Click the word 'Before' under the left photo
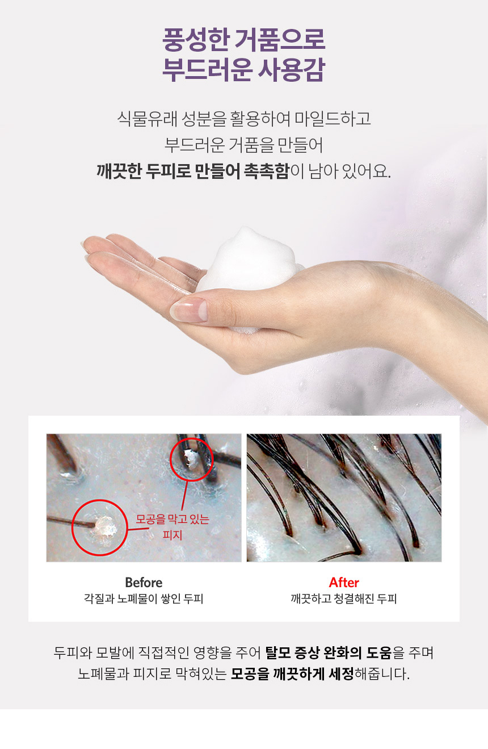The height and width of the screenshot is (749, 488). pyautogui.click(x=144, y=583)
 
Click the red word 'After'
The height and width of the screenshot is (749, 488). pyautogui.click(x=344, y=583)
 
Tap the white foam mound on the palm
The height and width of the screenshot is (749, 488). pyautogui.click(x=249, y=261)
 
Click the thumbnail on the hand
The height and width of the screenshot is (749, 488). pyautogui.click(x=190, y=310)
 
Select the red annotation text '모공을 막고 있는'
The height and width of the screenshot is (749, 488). pyautogui.click(x=173, y=519)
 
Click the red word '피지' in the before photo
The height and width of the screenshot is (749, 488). pyautogui.click(x=173, y=535)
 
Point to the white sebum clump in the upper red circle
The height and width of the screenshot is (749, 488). pyautogui.click(x=191, y=458)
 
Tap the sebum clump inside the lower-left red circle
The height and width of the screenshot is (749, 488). pyautogui.click(x=104, y=526)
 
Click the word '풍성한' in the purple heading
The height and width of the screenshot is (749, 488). pyautogui.click(x=195, y=40)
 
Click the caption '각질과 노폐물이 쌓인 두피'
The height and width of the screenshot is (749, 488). pyautogui.click(x=144, y=599)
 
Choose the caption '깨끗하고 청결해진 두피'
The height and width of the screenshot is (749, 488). pyautogui.click(x=344, y=599)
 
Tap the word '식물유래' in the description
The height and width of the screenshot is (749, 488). pyautogui.click(x=146, y=119)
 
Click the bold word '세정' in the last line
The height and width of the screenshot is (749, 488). pyautogui.click(x=341, y=674)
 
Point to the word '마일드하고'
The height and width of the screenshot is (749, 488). pyautogui.click(x=333, y=119)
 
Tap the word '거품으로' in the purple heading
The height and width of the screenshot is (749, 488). pyautogui.click(x=280, y=40)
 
